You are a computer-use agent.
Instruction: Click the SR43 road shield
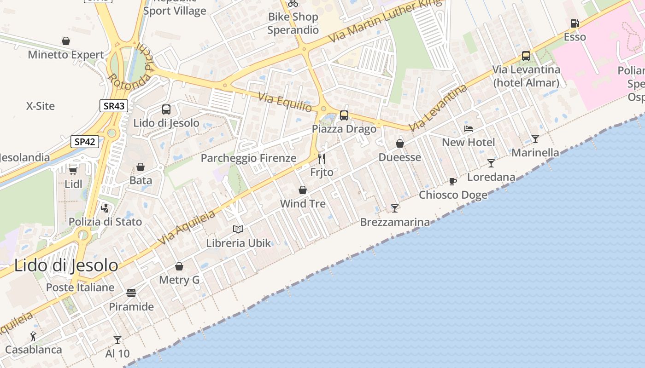(113, 106)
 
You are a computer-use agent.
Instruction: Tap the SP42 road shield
(85, 141)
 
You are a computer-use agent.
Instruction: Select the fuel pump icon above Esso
(575, 23)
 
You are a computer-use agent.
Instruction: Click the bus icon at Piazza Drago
(344, 115)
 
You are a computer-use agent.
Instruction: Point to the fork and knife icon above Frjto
(322, 159)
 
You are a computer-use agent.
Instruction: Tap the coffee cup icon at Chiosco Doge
(452, 181)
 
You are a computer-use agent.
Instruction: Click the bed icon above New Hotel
(469, 129)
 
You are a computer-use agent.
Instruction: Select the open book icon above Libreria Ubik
(238, 229)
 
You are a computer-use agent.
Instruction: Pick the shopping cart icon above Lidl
(73, 170)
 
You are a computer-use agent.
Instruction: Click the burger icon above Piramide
(131, 293)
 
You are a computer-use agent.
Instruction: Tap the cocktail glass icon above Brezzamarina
(395, 208)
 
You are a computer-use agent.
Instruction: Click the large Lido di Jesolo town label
(66, 265)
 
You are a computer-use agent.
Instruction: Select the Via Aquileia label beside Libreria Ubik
(186, 228)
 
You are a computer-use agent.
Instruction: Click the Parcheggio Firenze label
(248, 158)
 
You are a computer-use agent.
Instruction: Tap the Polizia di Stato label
(105, 222)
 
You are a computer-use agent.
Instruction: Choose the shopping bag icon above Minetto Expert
(66, 41)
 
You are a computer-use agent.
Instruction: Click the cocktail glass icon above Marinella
(535, 138)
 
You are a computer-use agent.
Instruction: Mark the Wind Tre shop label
(303, 204)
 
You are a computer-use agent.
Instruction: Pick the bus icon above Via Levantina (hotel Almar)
(526, 56)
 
